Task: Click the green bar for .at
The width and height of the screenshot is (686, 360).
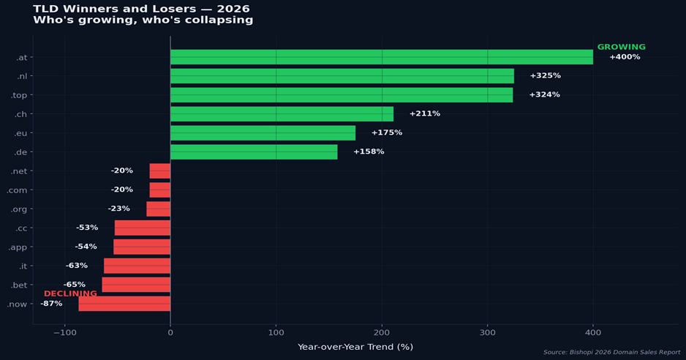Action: tap(381, 57)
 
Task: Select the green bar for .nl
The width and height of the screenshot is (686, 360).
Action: tap(342, 76)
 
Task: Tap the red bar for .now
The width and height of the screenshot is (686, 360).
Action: tap(124, 304)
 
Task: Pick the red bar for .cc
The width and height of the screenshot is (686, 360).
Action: tap(143, 228)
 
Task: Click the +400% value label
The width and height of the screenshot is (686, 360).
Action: tap(625, 57)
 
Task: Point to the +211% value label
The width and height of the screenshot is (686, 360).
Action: tap(425, 114)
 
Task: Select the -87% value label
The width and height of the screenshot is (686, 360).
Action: tap(51, 304)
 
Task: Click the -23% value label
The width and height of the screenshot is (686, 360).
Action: tap(118, 209)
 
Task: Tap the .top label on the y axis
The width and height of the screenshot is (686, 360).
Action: tap(19, 95)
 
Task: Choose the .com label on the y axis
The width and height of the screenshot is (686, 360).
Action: tap(17, 190)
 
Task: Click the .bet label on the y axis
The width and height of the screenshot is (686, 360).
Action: tap(19, 285)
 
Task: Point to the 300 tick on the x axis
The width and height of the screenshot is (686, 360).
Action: tap(488, 333)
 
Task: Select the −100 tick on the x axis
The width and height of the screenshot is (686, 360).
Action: tap(64, 333)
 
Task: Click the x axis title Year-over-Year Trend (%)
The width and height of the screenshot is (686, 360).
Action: tap(355, 347)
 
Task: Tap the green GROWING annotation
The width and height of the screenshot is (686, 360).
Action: tap(622, 47)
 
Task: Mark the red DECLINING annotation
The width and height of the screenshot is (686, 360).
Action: tap(70, 294)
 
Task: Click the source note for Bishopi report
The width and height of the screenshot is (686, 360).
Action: tap(611, 353)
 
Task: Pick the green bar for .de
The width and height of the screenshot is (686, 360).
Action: tap(254, 152)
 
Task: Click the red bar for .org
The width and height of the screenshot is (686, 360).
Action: tap(159, 209)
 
